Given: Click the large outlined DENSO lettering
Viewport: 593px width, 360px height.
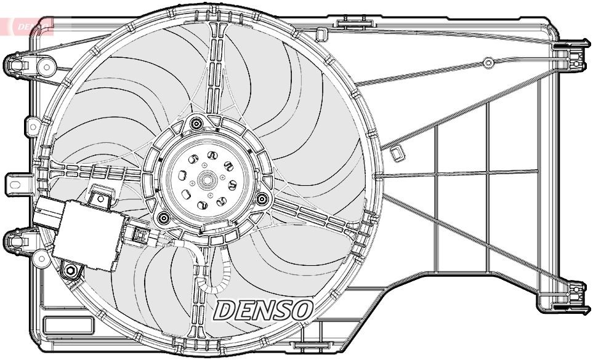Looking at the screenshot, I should (x=264, y=310).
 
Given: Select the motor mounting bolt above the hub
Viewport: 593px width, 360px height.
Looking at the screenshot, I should (x=196, y=124).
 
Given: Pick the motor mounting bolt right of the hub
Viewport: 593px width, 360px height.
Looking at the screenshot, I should (x=261, y=199).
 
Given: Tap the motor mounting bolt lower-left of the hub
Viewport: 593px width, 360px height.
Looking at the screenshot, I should (x=163, y=217).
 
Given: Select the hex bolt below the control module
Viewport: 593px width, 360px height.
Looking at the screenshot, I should (x=71, y=271).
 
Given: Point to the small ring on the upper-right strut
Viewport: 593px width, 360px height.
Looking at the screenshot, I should (x=488, y=62).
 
